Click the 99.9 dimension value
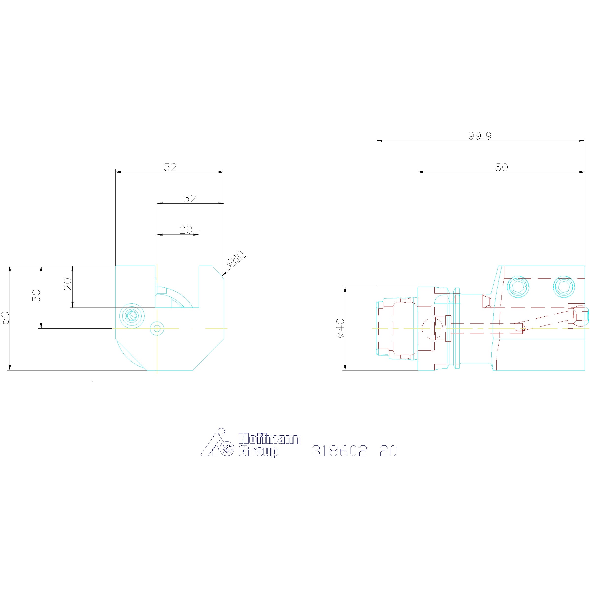pyautogui.click(x=480, y=136)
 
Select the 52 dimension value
pyautogui.click(x=170, y=167)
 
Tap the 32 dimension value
pyautogui.click(x=190, y=198)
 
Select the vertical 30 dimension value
pyautogui.click(x=36, y=295)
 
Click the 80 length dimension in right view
pyautogui.click(x=501, y=167)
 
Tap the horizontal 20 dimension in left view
pyautogui.click(x=186, y=230)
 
